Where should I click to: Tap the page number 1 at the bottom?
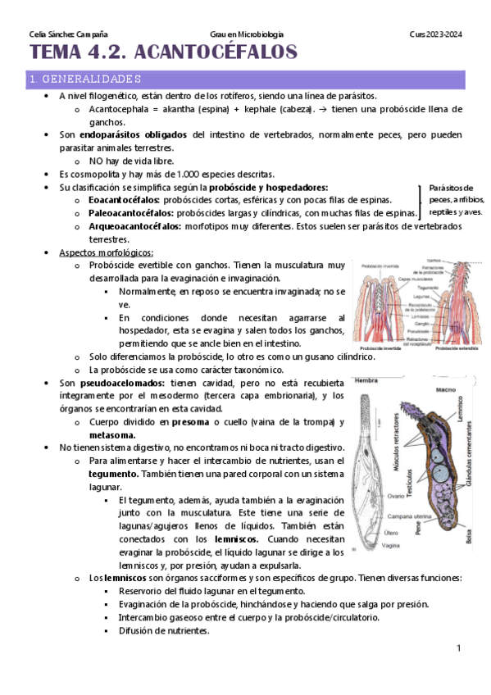(x=459, y=649)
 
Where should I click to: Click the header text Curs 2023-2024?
(x=435, y=34)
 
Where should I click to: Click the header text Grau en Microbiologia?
(x=246, y=34)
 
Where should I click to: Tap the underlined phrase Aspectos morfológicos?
(x=106, y=252)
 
